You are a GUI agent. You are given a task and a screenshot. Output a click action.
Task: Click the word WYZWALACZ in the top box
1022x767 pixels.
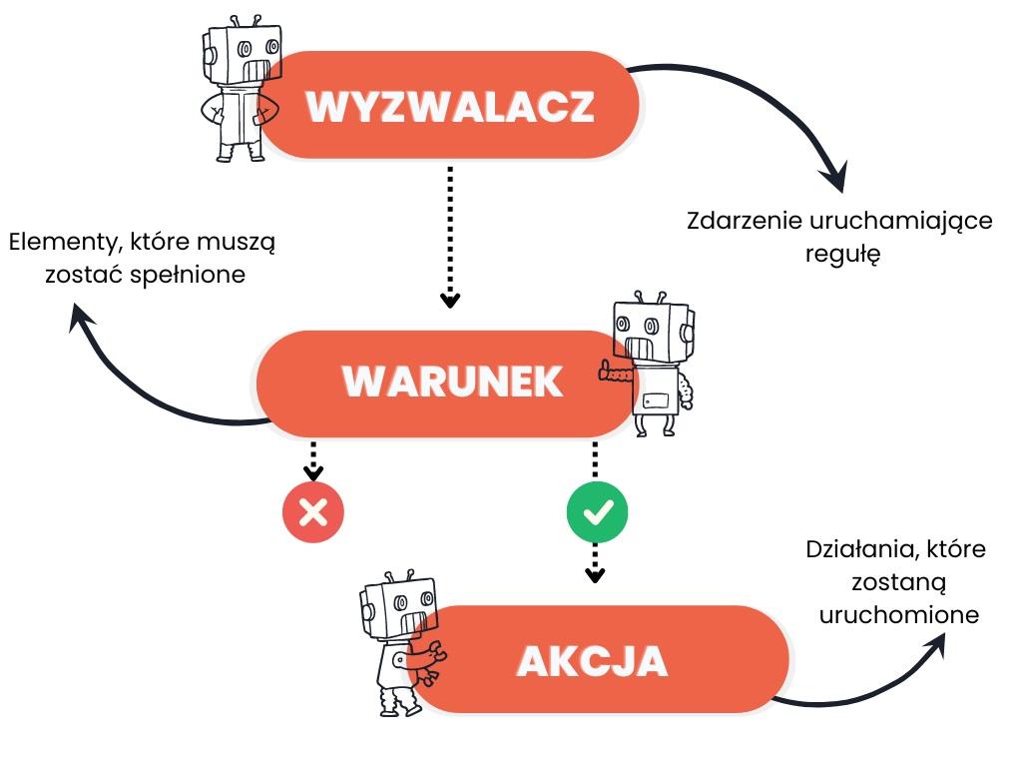click(449, 107)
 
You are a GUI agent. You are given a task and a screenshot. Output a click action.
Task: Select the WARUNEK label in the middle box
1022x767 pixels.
click(453, 383)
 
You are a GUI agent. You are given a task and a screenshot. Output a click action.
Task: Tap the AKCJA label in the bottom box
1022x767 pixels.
click(592, 660)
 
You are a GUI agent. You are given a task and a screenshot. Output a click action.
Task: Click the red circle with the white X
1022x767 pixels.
click(313, 513)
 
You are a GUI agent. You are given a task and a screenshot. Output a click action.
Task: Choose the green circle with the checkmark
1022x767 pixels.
click(597, 513)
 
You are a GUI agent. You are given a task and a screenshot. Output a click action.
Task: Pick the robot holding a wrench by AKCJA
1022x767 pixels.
click(398, 644)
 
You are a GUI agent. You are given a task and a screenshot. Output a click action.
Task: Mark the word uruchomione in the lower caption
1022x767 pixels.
click(898, 614)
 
